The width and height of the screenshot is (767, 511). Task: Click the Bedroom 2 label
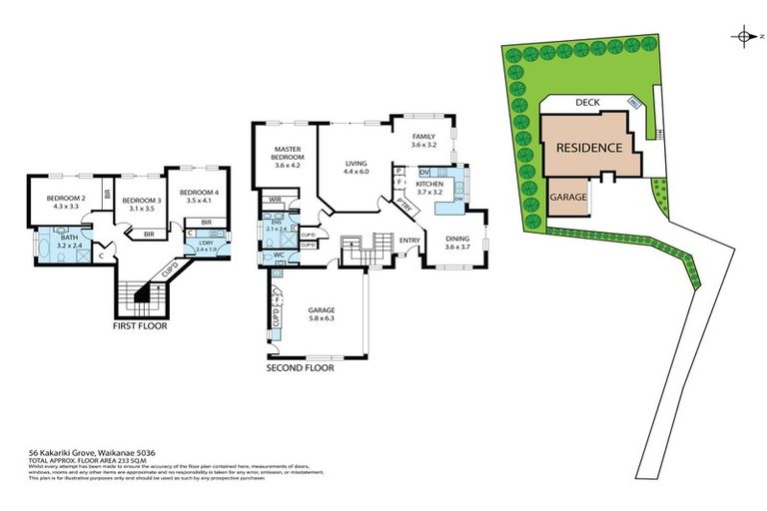(67, 198)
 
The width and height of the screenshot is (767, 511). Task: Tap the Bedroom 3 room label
(142, 200)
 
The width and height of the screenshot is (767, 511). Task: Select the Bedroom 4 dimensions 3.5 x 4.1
(201, 200)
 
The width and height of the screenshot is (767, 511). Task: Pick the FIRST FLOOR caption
(139, 326)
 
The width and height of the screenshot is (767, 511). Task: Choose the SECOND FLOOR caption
(300, 367)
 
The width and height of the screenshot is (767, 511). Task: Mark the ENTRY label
(409, 240)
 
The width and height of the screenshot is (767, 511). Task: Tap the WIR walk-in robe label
(273, 200)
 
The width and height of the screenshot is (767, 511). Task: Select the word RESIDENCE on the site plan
(589, 147)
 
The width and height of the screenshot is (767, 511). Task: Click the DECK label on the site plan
(586, 103)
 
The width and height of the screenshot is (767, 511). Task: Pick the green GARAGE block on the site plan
(567, 198)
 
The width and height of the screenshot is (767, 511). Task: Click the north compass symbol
(745, 37)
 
